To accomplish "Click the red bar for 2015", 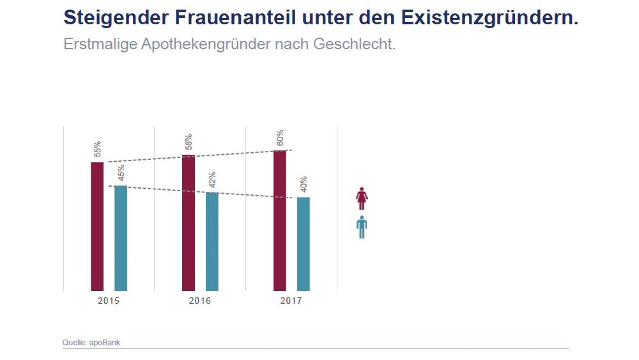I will coord(97,226).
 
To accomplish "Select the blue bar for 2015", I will coord(121,238).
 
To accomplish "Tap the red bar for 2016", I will coord(189,223).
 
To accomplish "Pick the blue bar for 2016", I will coord(212,242).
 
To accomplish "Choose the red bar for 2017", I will coord(280,221).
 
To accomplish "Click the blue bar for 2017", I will coord(304,244).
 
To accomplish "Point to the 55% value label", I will coord(98,149).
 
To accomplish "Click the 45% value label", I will coord(121,173).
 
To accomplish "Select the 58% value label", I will coord(189,142).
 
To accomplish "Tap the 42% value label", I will coord(212,180).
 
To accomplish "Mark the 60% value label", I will coord(280,138).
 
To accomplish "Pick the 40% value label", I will coord(304,184).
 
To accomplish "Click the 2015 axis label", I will coord(109,301).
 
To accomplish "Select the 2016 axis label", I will coord(200,301).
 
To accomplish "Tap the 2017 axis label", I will coord(291,301).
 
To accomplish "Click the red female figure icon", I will coord(362,198).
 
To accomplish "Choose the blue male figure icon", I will coord(362,227).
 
